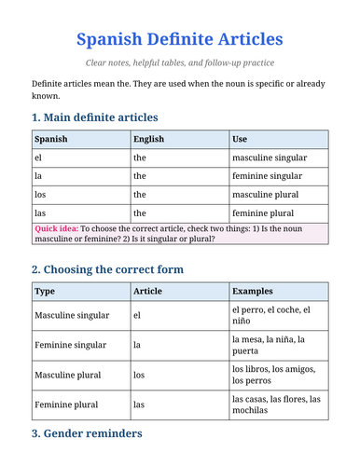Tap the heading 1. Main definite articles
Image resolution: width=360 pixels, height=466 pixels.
coord(94,117)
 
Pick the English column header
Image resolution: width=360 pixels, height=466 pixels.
coord(149,139)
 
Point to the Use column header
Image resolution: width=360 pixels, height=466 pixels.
coord(240,139)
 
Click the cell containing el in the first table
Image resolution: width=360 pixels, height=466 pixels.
coord(38,158)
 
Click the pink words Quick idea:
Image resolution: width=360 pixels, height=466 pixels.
coord(56,227)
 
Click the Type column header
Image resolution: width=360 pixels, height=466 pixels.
coord(45,291)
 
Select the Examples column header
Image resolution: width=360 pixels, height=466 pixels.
coord(253,291)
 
